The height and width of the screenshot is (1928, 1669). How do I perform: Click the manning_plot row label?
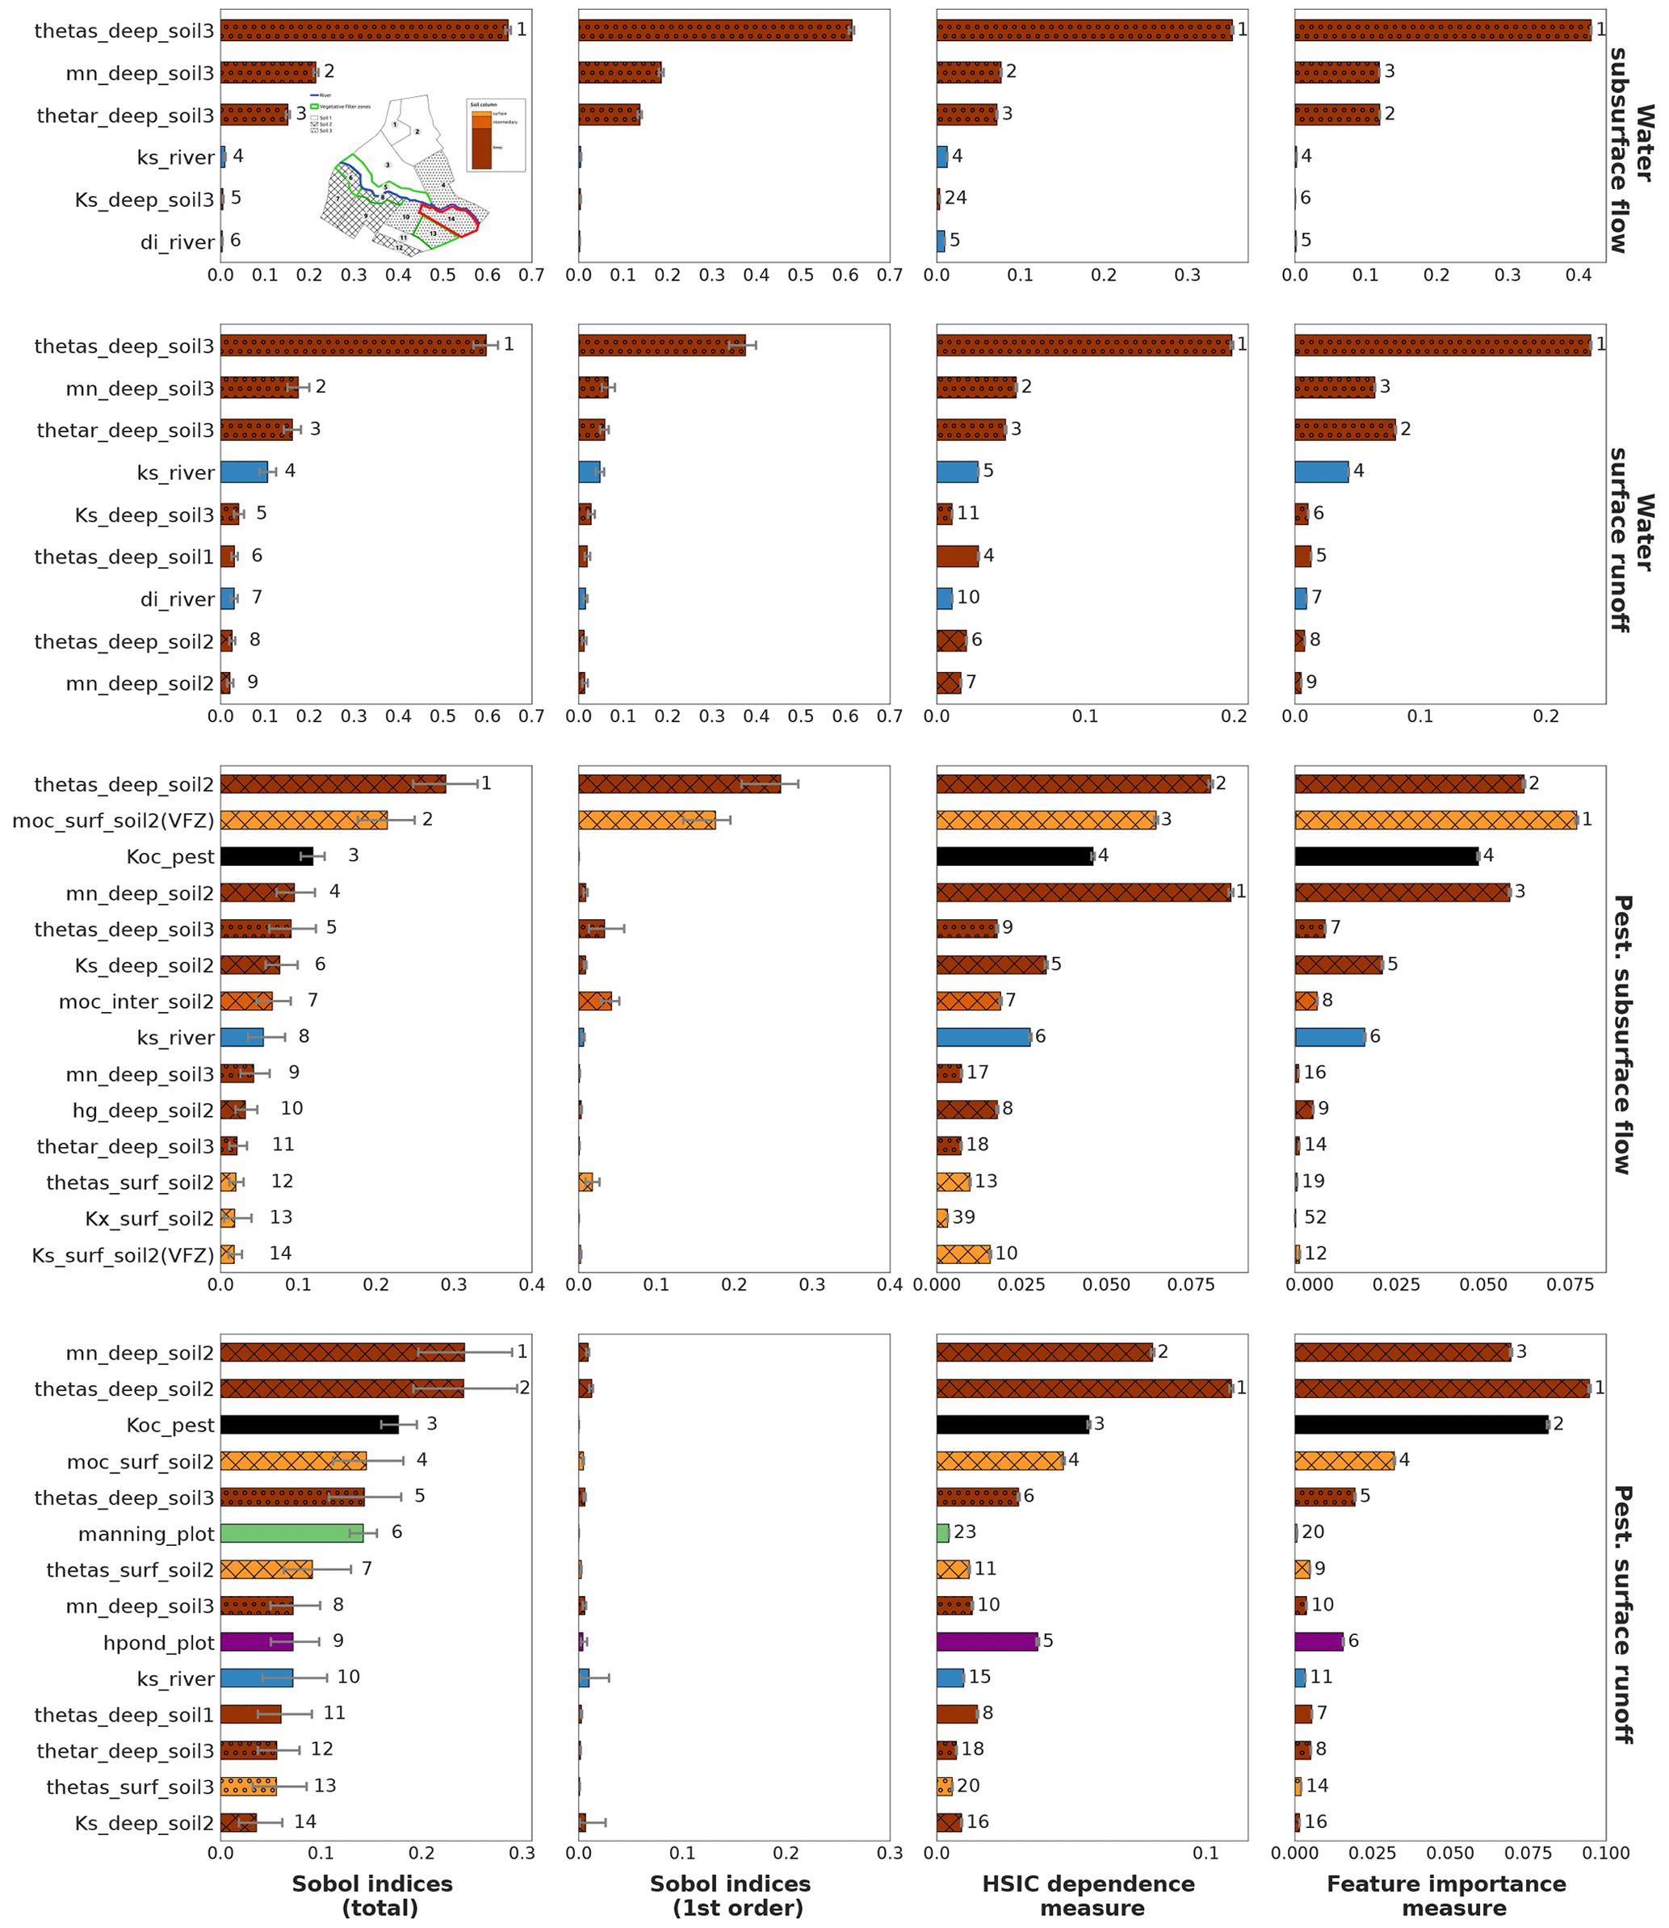[x=146, y=1534]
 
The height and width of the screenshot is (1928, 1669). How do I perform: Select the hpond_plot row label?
[x=158, y=1643]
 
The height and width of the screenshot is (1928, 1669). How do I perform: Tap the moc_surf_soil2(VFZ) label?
[x=113, y=821]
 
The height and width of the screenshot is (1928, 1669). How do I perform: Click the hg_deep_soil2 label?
[x=144, y=1111]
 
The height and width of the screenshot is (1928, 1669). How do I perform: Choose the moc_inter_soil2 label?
[x=136, y=1002]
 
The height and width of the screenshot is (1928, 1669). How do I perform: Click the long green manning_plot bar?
[x=291, y=1533]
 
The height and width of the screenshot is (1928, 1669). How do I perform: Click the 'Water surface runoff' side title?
[x=1631, y=540]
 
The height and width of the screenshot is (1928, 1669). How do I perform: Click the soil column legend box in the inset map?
[x=496, y=135]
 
